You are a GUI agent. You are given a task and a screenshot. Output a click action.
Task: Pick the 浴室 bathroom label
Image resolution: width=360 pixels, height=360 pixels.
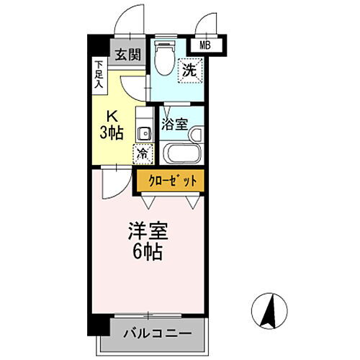pyautogui.click(x=174, y=124)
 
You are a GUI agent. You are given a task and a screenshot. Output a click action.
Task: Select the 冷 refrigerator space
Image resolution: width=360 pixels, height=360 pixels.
pyautogui.click(x=143, y=153)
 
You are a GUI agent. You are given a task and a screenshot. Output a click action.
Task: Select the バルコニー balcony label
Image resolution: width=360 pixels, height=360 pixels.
pyautogui.click(x=156, y=334)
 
